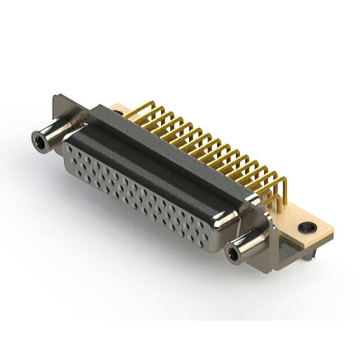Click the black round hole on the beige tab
pos(305,227)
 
